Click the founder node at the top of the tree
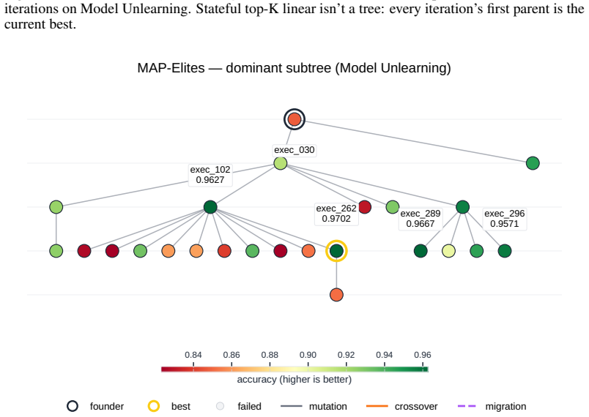(x=294, y=119)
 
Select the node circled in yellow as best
(x=336, y=251)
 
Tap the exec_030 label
(x=294, y=150)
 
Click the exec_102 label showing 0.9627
(x=210, y=174)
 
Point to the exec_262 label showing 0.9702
(x=336, y=214)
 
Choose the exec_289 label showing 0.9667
(x=421, y=219)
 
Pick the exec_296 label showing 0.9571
(x=505, y=219)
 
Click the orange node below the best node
(x=336, y=295)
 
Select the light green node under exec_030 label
(x=281, y=163)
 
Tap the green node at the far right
(x=533, y=163)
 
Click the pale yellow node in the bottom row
(x=448, y=251)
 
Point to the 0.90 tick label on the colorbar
(x=308, y=355)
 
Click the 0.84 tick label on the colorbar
(x=193, y=355)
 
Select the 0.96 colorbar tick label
(x=422, y=355)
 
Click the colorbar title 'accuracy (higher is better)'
(x=294, y=380)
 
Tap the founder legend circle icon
(x=73, y=406)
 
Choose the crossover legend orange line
(x=377, y=406)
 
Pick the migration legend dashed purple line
(x=467, y=406)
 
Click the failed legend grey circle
(x=220, y=406)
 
